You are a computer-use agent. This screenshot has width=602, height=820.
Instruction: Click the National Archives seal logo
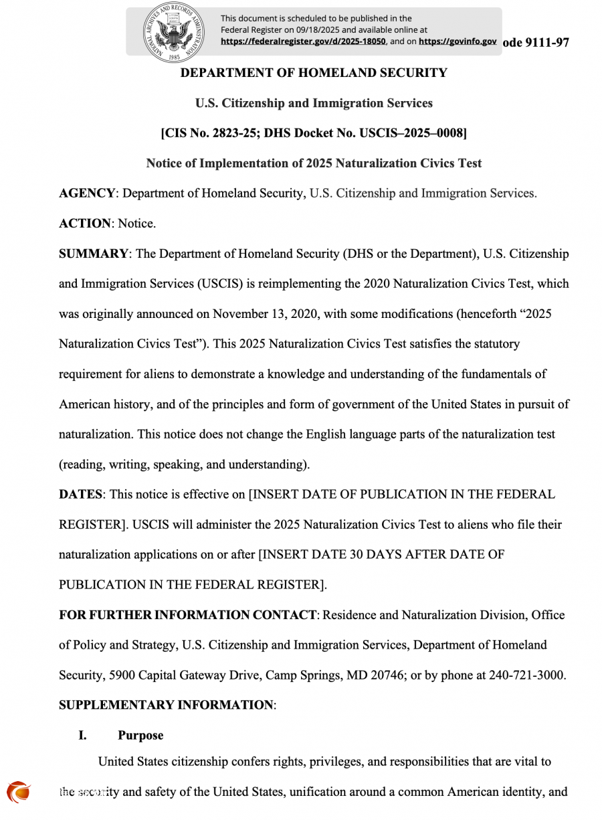pos(173,32)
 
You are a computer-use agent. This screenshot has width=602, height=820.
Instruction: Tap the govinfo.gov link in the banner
pos(458,41)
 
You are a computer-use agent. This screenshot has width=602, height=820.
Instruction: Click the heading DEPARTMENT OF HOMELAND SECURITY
pos(314,73)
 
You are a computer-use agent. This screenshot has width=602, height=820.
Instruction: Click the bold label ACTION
pos(85,224)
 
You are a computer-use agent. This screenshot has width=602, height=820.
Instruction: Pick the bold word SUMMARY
pos(93,254)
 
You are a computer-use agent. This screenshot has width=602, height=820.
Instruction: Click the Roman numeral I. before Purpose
pos(82,735)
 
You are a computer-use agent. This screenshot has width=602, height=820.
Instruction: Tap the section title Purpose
pos(140,735)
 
